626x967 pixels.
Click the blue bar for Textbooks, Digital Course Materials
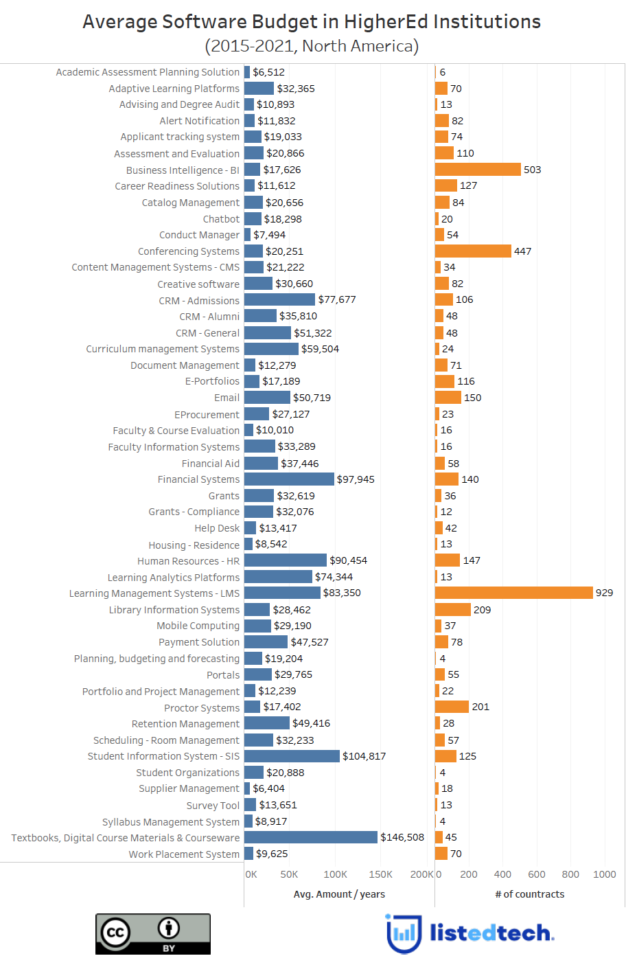[310, 837]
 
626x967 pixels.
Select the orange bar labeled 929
[513, 593]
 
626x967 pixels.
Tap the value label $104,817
[364, 756]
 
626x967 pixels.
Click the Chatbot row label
[221, 219]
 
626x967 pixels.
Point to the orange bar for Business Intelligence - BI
[478, 170]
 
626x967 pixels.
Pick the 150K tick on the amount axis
[380, 874]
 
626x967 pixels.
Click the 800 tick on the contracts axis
[570, 874]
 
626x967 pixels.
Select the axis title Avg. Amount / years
[339, 894]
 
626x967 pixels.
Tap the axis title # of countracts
[530, 894]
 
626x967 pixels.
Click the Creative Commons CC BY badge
[152, 933]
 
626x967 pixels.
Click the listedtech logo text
[491, 933]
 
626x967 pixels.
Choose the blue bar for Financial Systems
[288, 479]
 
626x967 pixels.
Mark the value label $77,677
[337, 299]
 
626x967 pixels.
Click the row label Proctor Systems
[202, 707]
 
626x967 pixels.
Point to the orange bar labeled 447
[473, 251]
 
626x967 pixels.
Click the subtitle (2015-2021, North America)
[312, 46]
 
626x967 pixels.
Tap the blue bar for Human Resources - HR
[285, 560]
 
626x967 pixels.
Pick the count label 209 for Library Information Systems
[482, 610]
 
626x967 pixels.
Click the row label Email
[227, 398]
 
